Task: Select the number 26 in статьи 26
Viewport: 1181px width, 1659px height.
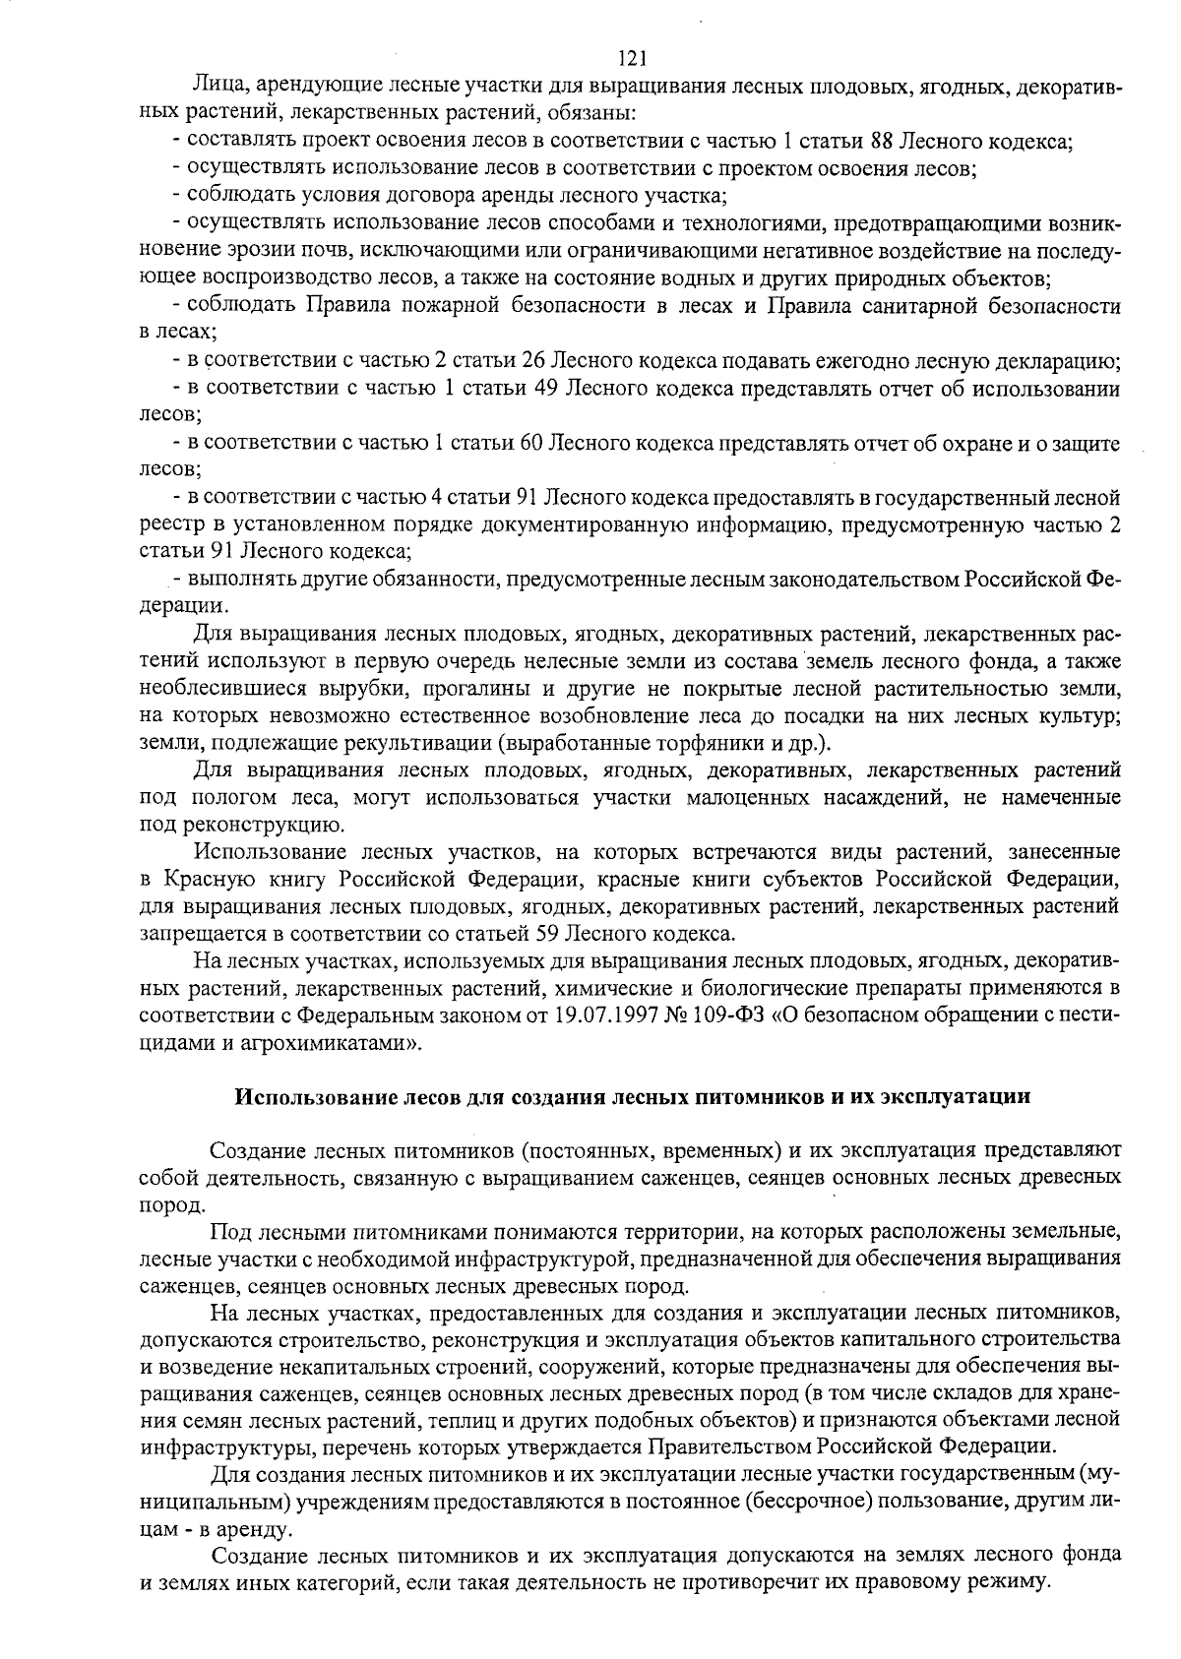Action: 533,360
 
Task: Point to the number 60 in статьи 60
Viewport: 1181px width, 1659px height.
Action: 531,444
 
